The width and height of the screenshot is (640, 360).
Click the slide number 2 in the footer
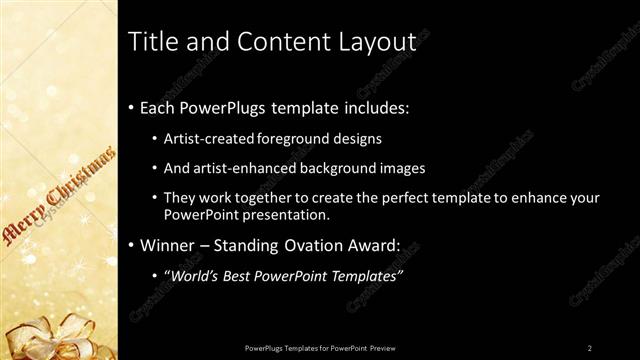click(590, 347)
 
